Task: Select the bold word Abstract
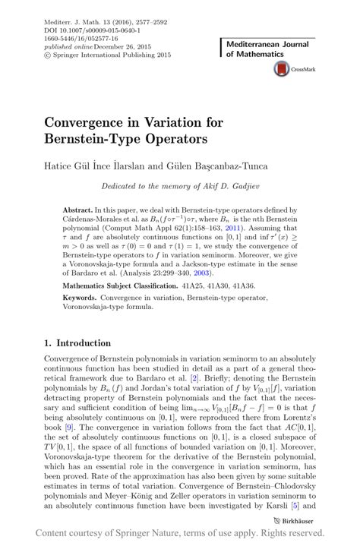click(77, 210)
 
